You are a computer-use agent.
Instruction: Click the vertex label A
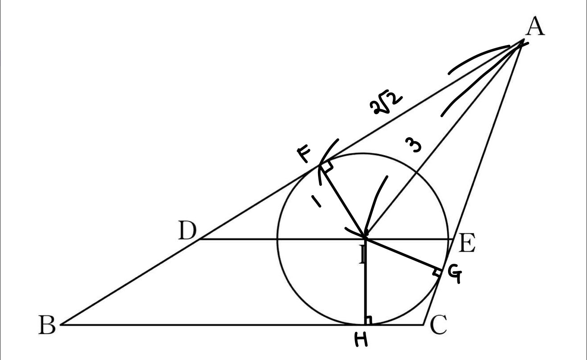pyautogui.click(x=535, y=27)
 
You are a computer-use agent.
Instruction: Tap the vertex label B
pyautogui.click(x=47, y=327)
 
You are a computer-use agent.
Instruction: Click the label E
pyautogui.click(x=467, y=245)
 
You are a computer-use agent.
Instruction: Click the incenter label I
pyautogui.click(x=363, y=255)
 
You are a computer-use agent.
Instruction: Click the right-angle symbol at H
pyautogui.click(x=368, y=319)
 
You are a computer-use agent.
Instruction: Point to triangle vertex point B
pyautogui.click(x=61, y=325)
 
